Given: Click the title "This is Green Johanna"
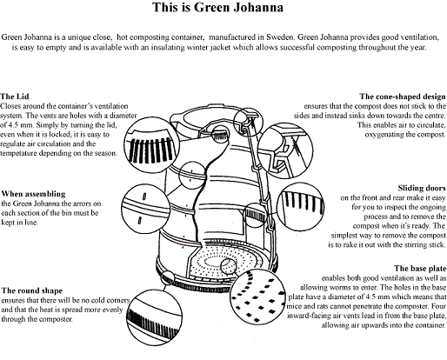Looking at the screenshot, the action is (x=217, y=7).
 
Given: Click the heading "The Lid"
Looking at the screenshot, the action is (x=15, y=97).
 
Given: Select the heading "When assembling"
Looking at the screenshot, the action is (x=33, y=194).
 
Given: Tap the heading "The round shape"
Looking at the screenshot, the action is (x=32, y=290).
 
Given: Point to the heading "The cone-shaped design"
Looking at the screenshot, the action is (x=403, y=97).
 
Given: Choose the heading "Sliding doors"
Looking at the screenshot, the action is (x=422, y=188).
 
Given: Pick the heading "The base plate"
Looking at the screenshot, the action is (x=420, y=268).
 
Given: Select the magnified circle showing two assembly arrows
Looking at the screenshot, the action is (x=145, y=209).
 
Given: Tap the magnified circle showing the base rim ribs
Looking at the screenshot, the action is (x=155, y=317).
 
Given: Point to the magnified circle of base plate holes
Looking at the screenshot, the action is (x=258, y=297).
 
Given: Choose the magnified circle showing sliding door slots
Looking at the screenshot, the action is (x=301, y=206).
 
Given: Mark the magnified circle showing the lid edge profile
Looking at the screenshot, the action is (x=285, y=150).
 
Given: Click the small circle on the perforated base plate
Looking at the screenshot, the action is (x=229, y=266).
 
